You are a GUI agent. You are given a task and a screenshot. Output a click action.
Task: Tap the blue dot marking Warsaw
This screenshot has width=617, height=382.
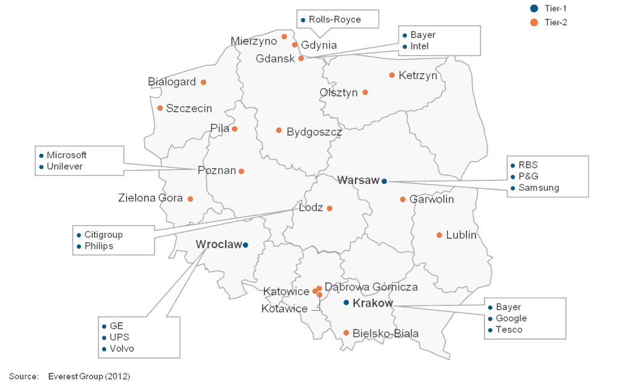point(384,181)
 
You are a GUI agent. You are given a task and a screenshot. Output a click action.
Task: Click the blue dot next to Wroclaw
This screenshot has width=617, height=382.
point(245,244)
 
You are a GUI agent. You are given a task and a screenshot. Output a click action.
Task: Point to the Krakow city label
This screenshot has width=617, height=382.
point(372,303)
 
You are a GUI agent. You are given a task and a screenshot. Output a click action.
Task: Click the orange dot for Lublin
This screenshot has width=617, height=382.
point(439,235)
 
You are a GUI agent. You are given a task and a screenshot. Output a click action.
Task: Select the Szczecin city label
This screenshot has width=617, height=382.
point(189,109)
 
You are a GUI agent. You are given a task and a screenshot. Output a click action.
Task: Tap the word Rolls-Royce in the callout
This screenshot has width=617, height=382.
point(334,19)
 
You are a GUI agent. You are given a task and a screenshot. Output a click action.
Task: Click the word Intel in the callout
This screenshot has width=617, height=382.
point(419,46)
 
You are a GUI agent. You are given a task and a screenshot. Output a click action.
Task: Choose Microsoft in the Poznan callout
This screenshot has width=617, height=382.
point(66,155)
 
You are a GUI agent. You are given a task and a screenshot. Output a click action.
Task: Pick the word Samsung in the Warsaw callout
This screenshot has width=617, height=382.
point(539,188)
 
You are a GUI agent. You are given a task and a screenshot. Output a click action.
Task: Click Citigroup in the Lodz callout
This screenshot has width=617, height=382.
point(103,234)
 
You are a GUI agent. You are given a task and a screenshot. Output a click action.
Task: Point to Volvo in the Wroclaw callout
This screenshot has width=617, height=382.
point(122,349)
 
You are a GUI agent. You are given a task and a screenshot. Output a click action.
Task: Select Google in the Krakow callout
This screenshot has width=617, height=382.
point(511,318)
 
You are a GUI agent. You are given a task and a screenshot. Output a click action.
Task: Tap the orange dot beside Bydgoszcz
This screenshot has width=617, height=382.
point(278,130)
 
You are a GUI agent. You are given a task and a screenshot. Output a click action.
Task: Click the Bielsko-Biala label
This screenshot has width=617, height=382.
point(386,333)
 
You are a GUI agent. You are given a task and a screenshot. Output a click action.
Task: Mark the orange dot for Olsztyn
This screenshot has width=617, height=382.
point(365,92)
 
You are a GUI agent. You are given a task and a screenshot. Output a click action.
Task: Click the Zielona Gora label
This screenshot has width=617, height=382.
point(151,198)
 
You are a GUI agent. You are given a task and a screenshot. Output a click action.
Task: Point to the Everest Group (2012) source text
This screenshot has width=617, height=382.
point(89,377)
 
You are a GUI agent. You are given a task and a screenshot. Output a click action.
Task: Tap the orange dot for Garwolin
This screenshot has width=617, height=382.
point(402,199)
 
